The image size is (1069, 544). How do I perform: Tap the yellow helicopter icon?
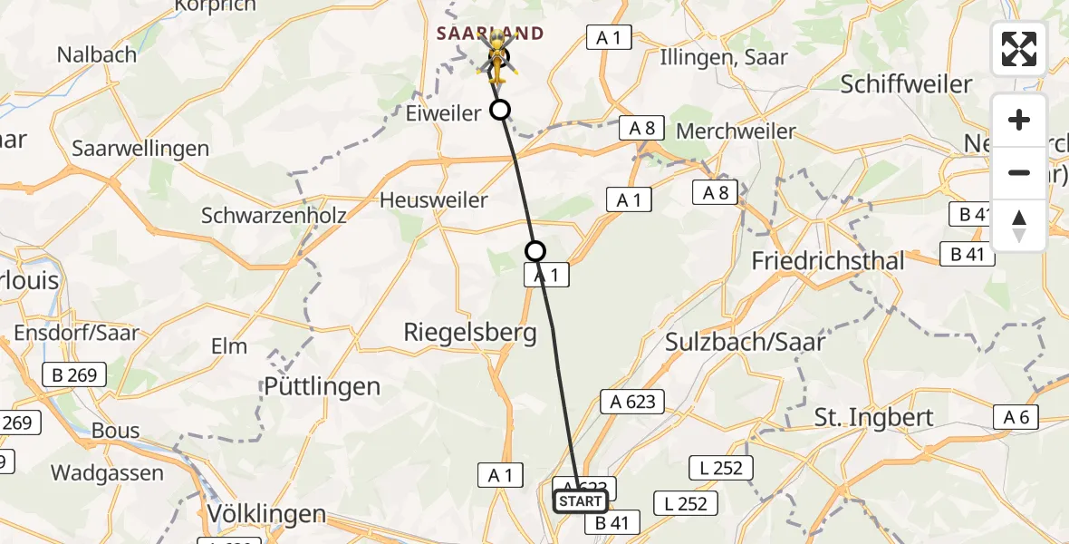coord(496,56)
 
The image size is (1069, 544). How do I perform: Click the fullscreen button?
coord(1019,49)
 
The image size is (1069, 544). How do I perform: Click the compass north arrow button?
coord(1019,226)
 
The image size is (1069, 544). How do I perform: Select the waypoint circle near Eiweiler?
coord(500,111)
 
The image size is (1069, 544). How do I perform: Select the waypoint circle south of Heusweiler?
coord(536,251)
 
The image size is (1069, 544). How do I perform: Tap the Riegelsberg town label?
coord(470,333)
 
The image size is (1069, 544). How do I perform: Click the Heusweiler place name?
coord(434,199)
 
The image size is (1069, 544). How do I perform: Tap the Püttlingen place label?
coord(322,386)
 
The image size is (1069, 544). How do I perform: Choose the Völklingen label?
coord(266,514)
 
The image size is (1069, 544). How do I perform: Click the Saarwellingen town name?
coord(140,148)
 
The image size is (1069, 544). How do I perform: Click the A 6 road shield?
coord(1016,417)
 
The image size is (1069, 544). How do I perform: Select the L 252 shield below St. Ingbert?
coord(721,468)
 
